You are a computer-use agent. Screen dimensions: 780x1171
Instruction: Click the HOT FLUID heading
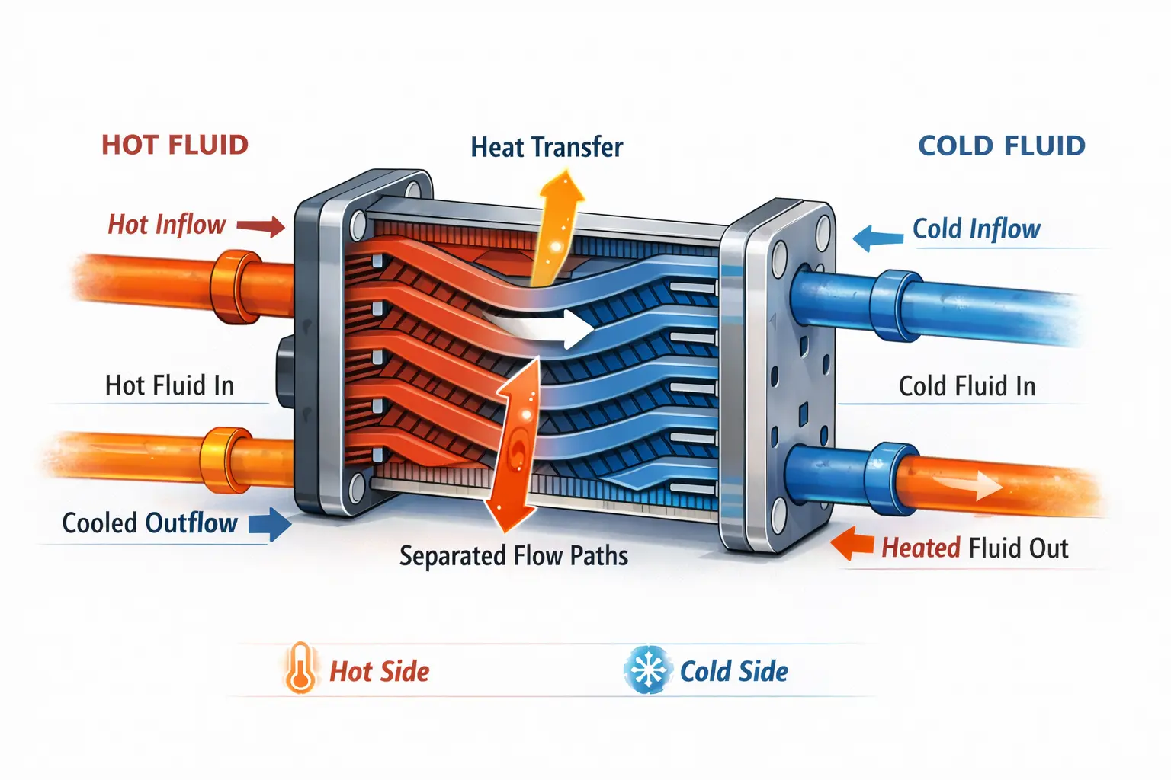pos(175,145)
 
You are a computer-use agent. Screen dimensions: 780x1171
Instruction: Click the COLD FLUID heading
pos(1001,145)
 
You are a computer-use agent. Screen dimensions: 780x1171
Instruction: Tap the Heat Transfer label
pos(547,147)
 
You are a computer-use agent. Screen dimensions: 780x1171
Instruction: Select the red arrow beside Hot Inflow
pos(261,225)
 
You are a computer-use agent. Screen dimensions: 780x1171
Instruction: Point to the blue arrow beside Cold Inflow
pos(877,238)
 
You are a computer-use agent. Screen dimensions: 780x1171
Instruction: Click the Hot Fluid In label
pos(169,385)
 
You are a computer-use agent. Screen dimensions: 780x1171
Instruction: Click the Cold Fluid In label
pos(967,386)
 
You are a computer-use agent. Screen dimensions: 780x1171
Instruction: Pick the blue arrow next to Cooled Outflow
pos(270,525)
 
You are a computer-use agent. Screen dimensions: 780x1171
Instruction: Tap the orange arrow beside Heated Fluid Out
pos(853,544)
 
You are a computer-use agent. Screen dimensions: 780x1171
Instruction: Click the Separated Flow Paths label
pos(514,556)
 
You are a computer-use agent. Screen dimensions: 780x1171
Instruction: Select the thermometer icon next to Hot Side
pos(300,668)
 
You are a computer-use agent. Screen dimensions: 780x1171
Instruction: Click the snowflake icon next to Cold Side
pos(647,670)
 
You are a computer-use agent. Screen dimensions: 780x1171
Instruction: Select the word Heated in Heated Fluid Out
pos(921,548)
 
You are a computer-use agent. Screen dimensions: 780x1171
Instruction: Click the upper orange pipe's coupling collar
pos(235,285)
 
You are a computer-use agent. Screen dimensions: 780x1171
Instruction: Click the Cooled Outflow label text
pos(149,523)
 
